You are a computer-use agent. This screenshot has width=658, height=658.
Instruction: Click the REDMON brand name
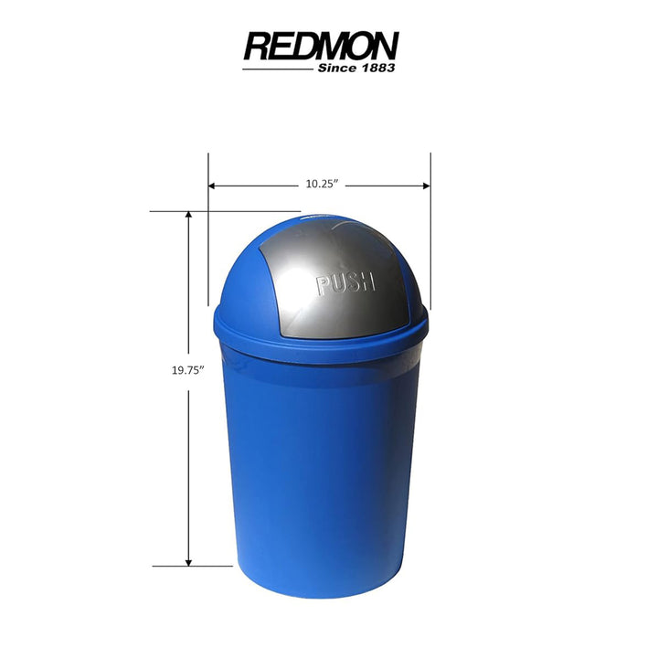pos(321,46)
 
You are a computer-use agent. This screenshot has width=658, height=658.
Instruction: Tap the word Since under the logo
pos(336,68)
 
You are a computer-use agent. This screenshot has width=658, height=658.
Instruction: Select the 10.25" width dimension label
pos(322,185)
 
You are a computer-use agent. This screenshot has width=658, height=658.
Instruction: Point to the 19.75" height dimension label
pos(187,370)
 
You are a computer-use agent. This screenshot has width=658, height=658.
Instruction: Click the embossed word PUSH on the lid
pos(345,282)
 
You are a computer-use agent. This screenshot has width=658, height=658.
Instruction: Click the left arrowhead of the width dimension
pos(213,186)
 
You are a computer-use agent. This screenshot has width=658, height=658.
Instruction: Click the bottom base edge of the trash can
pos(320,594)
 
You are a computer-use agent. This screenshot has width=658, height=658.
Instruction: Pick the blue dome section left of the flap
pos(239,283)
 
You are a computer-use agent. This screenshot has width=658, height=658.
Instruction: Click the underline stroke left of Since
pos(279,69)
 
